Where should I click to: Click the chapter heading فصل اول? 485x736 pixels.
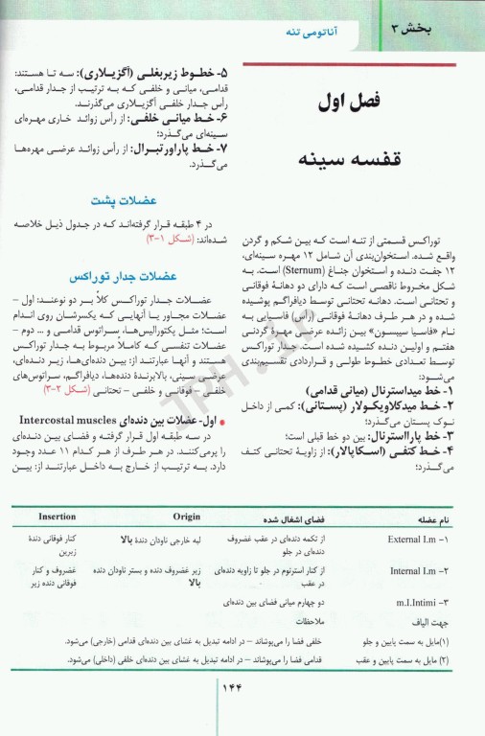358,100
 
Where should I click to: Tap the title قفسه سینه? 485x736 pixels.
358,156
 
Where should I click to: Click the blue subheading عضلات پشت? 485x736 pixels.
117,202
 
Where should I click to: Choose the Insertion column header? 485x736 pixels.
58,517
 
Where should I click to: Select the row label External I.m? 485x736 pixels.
419,540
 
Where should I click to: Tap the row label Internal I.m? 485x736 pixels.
420,572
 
